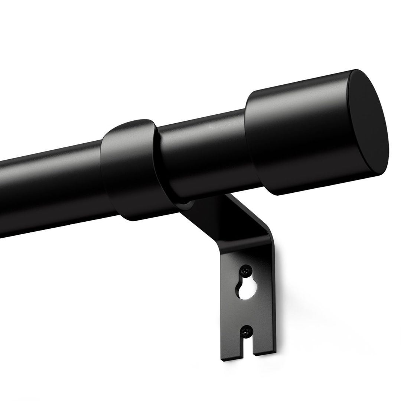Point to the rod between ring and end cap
click(204, 149)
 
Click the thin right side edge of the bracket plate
click(274, 290)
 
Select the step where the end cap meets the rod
click(249, 145)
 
